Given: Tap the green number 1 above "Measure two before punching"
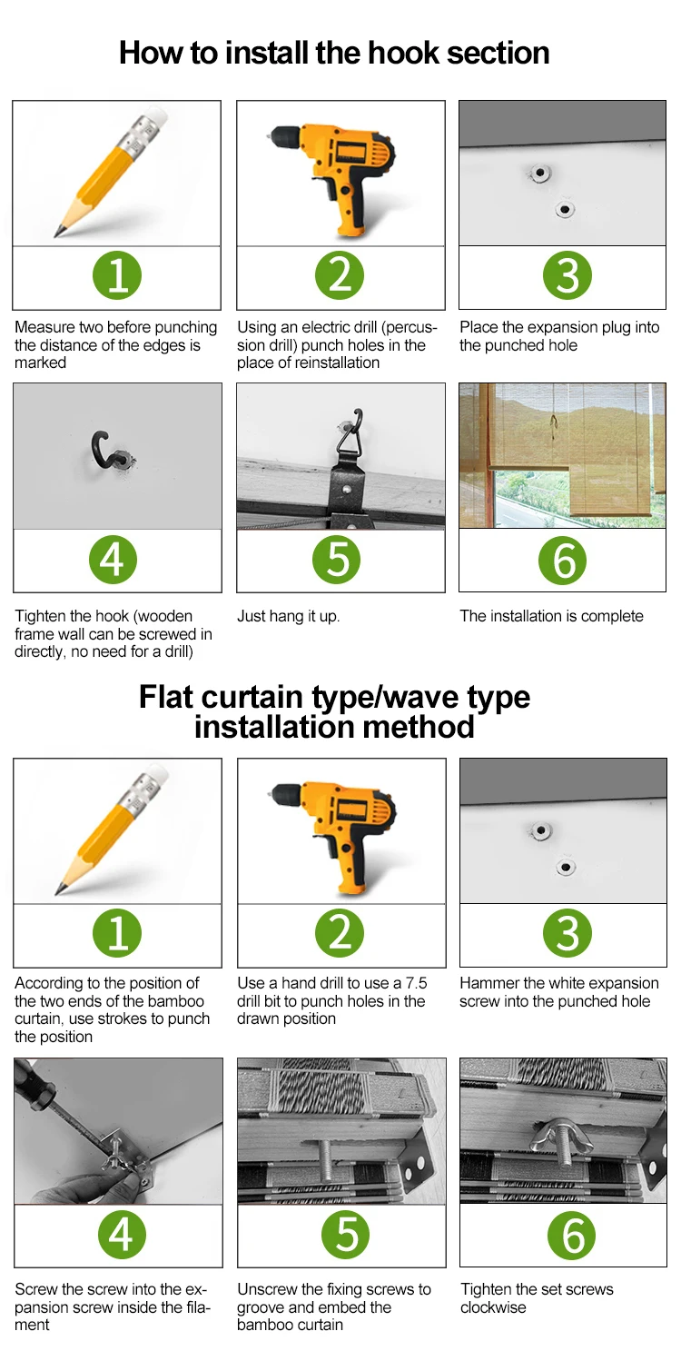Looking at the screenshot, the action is tap(117, 275).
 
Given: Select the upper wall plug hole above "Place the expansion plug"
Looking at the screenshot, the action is tap(539, 174).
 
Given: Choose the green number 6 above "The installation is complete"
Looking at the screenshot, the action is tap(562, 560).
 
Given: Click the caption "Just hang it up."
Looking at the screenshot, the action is tap(288, 616).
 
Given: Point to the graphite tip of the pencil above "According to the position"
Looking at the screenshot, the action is tap(59, 889).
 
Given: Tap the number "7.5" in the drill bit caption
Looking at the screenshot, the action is tap(416, 983).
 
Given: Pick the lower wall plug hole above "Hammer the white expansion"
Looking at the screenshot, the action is tap(566, 868).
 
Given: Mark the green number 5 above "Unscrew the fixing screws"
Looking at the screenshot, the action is tap(346, 1235).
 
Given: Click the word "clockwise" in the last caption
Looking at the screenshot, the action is tap(493, 1307).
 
